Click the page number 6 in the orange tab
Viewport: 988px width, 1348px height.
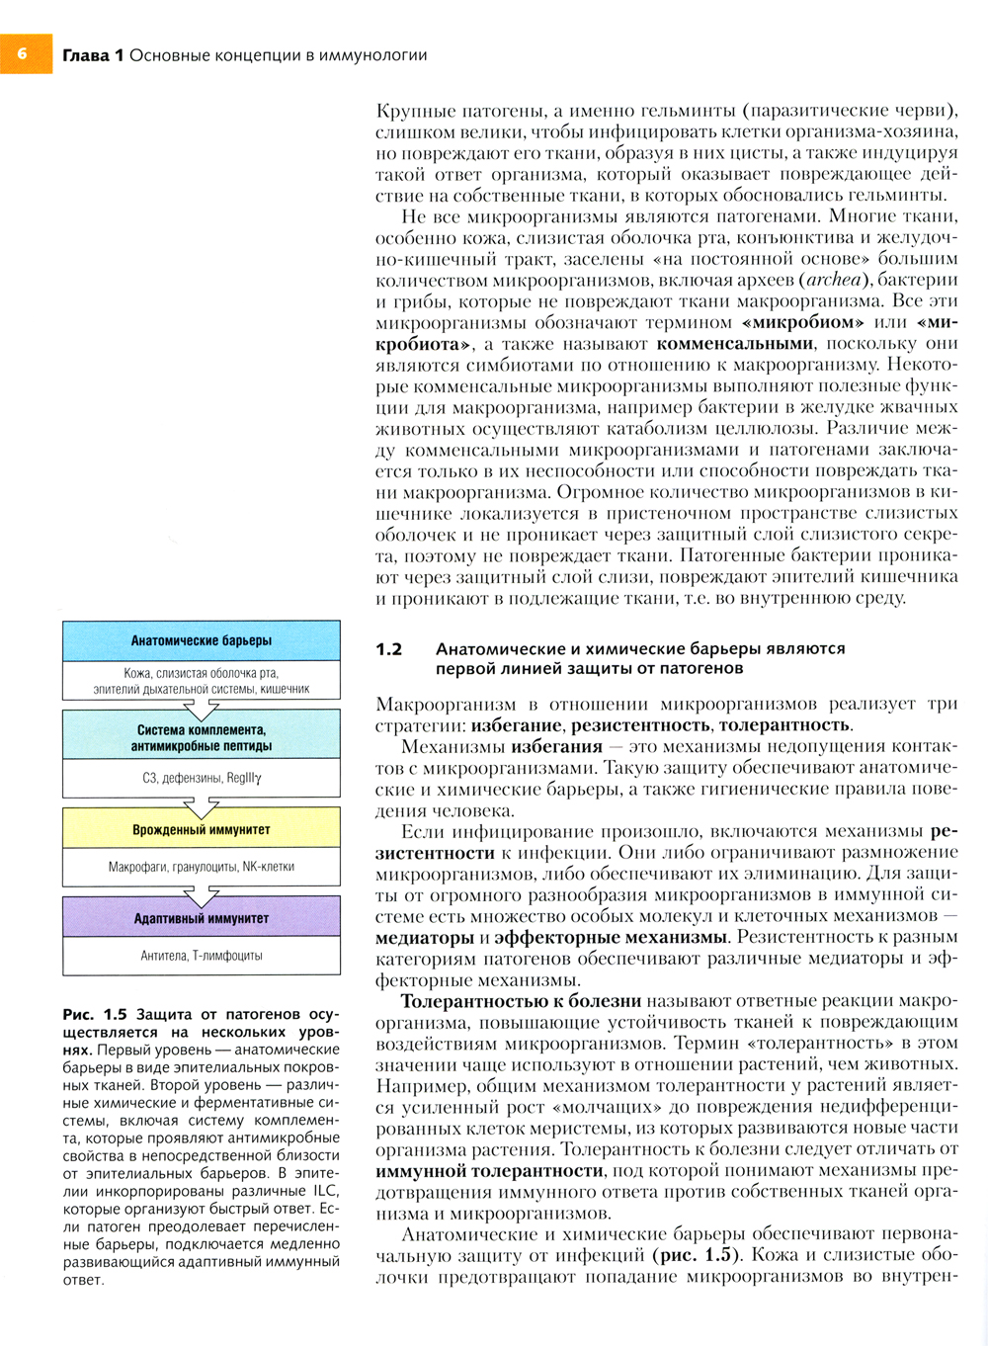point(22,54)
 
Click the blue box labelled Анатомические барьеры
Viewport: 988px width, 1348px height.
point(202,640)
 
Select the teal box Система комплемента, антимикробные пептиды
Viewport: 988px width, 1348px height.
point(202,737)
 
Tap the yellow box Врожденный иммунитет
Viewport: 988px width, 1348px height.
point(202,830)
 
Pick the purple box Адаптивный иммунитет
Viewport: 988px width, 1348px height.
point(202,918)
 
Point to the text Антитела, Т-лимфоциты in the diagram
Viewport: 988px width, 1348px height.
point(202,956)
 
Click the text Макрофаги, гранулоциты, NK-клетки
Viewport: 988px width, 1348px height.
point(202,867)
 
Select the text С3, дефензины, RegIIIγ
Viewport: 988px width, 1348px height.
point(202,778)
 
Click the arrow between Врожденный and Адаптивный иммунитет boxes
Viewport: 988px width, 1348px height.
point(202,895)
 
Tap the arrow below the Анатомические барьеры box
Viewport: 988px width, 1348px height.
point(202,709)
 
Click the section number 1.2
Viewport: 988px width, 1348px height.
point(389,649)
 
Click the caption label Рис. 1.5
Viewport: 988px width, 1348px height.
point(95,1015)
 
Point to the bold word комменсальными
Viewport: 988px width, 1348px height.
point(735,344)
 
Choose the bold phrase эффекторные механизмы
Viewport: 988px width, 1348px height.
point(611,937)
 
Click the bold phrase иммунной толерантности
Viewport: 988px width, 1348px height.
point(489,1171)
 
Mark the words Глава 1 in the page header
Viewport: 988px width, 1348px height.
point(93,55)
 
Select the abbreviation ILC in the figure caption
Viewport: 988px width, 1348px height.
point(325,1191)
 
